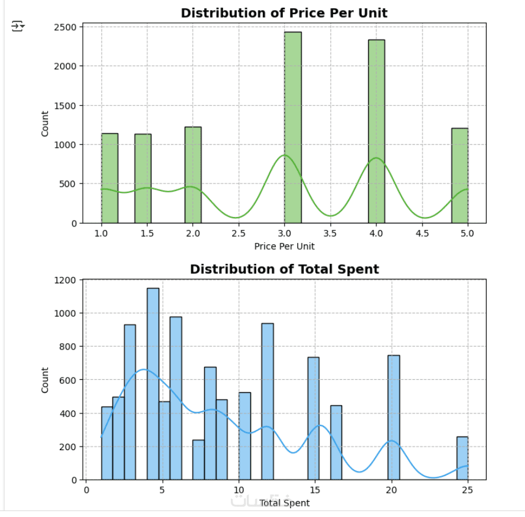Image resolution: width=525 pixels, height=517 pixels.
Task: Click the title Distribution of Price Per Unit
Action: [284, 13]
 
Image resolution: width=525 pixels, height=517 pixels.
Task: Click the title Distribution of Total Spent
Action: [284, 269]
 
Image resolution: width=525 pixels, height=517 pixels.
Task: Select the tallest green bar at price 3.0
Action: [292, 127]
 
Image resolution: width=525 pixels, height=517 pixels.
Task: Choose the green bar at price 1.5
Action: [143, 178]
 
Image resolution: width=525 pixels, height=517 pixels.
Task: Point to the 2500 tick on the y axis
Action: [66, 27]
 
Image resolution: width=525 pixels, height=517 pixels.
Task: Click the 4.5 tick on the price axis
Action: [422, 234]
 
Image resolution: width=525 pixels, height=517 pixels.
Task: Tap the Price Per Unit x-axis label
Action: [284, 246]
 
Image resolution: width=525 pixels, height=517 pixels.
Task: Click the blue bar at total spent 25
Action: [462, 458]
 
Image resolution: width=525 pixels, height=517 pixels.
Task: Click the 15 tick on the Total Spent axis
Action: [314, 490]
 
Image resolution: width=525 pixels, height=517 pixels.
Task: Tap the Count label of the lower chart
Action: [46, 380]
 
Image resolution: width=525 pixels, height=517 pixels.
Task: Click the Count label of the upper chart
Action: [46, 123]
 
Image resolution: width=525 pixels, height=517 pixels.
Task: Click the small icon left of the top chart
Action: [18, 25]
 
